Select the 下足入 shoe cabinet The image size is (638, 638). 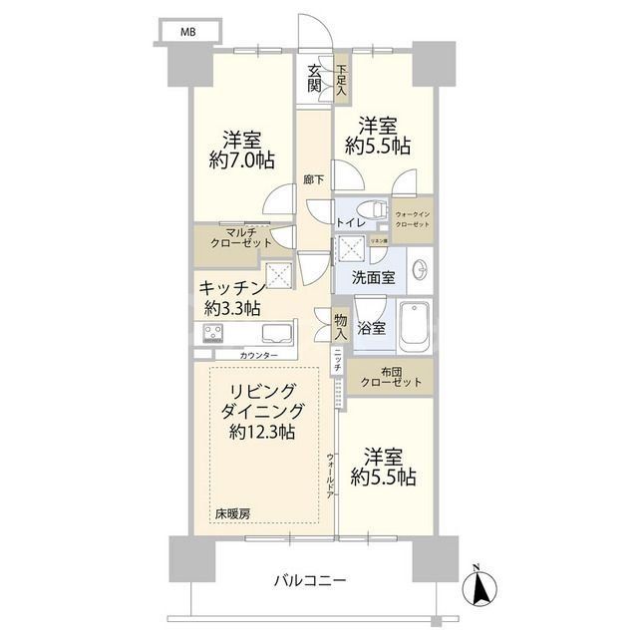point(341,80)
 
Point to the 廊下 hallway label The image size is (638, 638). point(313,181)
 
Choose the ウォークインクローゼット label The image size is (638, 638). point(413,220)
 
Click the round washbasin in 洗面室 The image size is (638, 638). point(421,270)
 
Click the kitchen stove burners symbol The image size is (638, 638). point(213,333)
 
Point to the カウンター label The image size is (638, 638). point(258,355)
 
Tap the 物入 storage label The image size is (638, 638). point(341,327)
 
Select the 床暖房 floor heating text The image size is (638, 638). point(232,513)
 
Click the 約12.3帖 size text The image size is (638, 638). point(261,432)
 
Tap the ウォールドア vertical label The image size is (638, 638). point(330,475)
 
